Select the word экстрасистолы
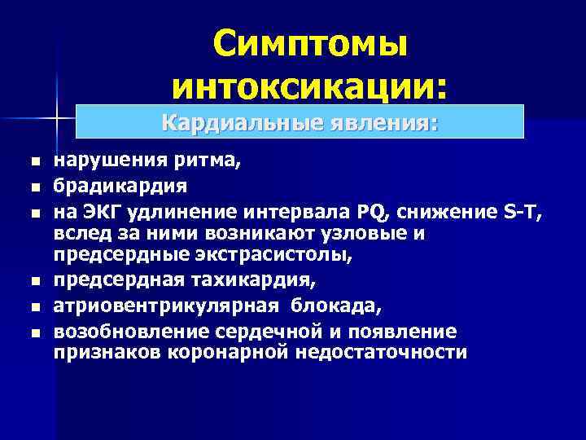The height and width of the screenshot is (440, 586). (275, 257)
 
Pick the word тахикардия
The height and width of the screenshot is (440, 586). (256, 281)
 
